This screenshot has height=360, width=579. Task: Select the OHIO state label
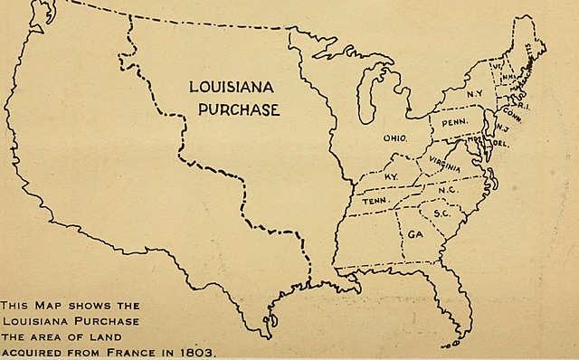[395, 138]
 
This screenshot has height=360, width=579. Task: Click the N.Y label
[474, 94]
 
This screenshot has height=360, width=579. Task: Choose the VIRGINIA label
[444, 165]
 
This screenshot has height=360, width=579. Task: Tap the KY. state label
[392, 175]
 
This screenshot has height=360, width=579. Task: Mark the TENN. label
[375, 202]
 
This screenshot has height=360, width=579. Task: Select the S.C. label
[442, 213]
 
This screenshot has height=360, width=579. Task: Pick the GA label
[416, 233]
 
